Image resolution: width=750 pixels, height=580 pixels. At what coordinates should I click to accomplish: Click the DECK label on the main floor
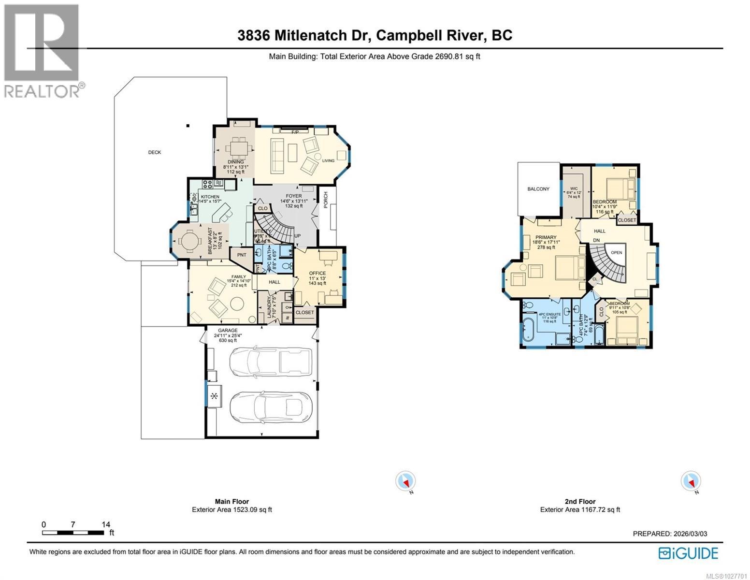pyautogui.click(x=155, y=152)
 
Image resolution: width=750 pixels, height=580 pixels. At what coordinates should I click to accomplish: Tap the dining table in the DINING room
pyautogui.click(x=237, y=146)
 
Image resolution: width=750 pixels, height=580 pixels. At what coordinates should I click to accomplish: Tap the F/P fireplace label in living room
pyautogui.click(x=295, y=131)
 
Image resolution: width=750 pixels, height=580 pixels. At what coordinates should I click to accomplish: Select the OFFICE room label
pyautogui.click(x=317, y=273)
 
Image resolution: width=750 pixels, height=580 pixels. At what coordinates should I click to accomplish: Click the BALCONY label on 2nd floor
pyautogui.click(x=538, y=189)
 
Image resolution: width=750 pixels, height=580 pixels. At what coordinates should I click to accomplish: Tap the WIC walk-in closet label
pyautogui.click(x=574, y=188)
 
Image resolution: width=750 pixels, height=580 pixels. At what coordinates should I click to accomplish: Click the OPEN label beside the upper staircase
pyautogui.click(x=617, y=252)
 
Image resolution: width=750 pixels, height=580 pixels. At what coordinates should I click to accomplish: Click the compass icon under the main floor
pyautogui.click(x=405, y=481)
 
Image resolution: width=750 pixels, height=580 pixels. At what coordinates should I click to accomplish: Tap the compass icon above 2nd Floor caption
pyautogui.click(x=691, y=481)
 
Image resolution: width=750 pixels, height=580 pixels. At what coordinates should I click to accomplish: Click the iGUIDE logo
pyautogui.click(x=689, y=553)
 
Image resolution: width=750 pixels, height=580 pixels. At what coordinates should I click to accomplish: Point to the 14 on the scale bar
pyautogui.click(x=106, y=524)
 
